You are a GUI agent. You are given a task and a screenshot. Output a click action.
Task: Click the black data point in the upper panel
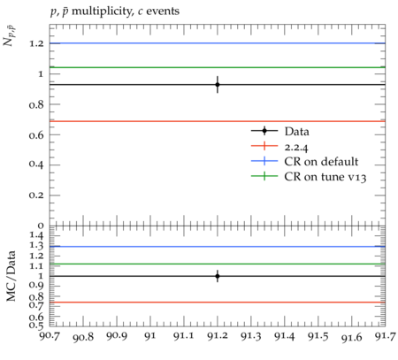[x=218, y=85]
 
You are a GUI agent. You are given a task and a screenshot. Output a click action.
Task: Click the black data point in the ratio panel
[x=218, y=276]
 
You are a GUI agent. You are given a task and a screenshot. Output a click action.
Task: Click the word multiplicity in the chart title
[x=101, y=11]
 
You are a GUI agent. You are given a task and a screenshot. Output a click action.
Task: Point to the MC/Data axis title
[x=11, y=276]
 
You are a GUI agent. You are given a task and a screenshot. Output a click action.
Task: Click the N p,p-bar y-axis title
[x=10, y=36]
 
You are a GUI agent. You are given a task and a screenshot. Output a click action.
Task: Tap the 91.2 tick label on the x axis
[x=218, y=336]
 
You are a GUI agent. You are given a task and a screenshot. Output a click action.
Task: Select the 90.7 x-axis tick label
[x=50, y=336]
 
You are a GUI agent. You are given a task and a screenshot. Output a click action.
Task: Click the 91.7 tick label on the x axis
[x=385, y=336]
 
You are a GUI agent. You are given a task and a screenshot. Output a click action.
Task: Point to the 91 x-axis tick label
[x=150, y=336]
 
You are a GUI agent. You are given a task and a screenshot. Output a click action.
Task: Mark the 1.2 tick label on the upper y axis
[x=37, y=43]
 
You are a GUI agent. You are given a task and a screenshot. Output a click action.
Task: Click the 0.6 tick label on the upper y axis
[x=36, y=135]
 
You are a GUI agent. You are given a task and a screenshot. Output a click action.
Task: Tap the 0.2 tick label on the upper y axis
[x=36, y=195]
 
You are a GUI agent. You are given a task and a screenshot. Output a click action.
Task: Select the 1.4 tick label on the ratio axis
[x=37, y=235]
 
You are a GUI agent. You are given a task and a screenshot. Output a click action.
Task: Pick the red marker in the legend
[x=264, y=146]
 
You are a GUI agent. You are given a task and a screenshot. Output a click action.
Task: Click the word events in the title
[x=163, y=11]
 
